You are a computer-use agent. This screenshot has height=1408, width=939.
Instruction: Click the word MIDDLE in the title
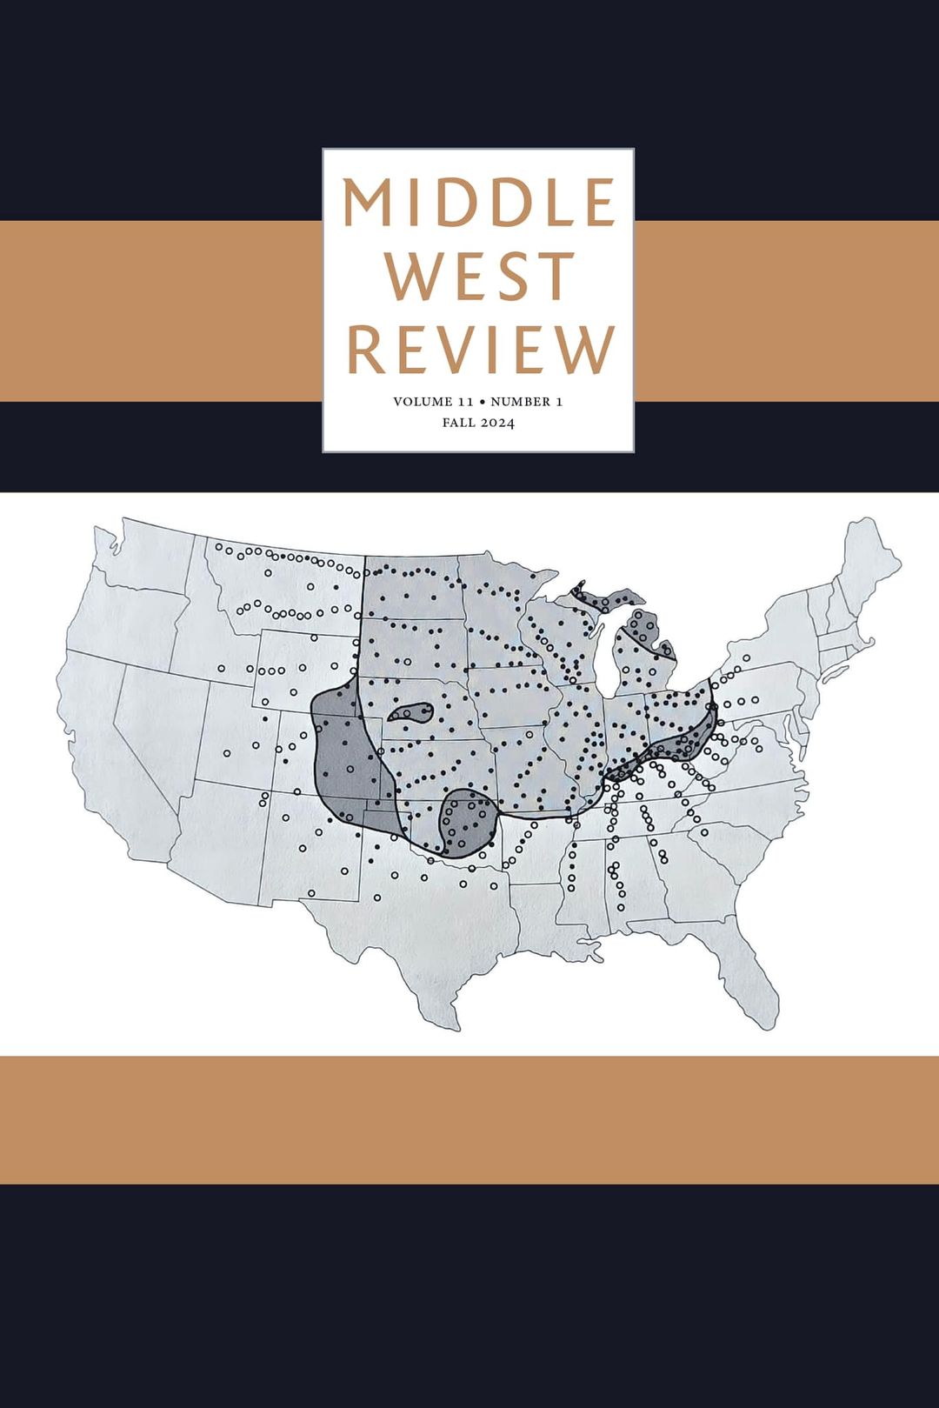coord(478,203)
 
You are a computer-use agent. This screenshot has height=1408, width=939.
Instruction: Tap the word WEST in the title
coord(479,277)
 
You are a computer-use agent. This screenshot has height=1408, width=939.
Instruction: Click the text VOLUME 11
coord(433,402)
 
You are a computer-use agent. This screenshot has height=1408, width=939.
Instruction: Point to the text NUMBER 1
coord(526,402)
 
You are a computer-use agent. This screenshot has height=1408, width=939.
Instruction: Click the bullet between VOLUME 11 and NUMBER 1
coord(483,402)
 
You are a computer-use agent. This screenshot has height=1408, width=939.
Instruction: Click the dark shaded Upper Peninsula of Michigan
coord(609,599)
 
